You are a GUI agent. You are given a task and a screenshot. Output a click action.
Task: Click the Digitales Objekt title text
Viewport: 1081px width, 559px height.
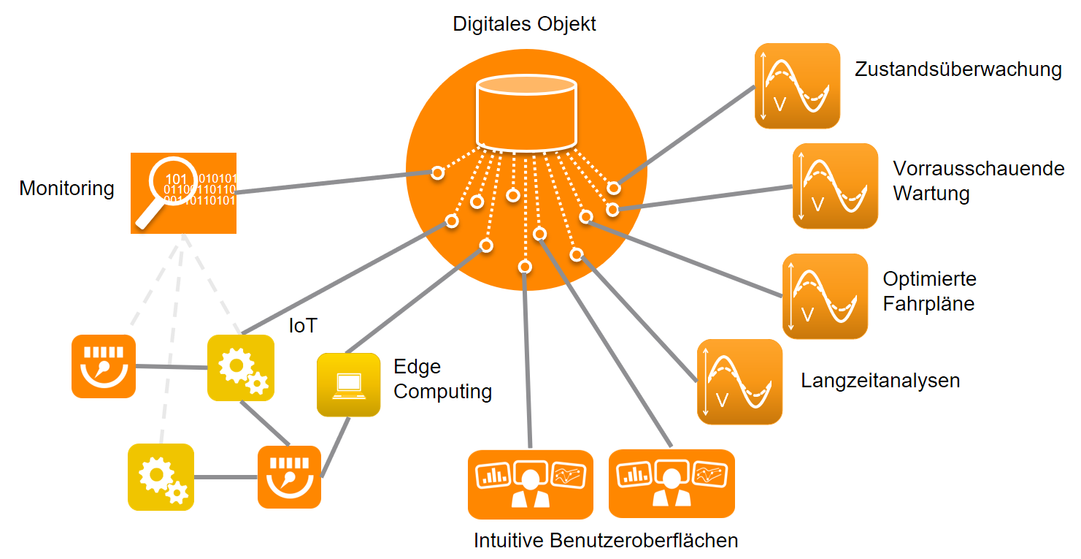click(x=524, y=23)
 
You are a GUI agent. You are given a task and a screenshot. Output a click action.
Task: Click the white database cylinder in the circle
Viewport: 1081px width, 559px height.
click(x=526, y=110)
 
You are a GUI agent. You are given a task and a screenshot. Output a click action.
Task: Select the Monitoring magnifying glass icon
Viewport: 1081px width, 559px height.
click(x=183, y=193)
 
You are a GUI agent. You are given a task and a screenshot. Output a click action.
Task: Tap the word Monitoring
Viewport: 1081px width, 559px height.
click(x=66, y=189)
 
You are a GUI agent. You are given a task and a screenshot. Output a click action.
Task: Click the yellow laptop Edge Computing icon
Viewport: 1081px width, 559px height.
click(x=348, y=384)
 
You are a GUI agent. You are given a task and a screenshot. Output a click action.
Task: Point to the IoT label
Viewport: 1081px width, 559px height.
click(x=303, y=325)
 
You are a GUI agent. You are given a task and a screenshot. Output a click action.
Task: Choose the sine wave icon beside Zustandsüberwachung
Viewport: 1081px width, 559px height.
click(x=797, y=85)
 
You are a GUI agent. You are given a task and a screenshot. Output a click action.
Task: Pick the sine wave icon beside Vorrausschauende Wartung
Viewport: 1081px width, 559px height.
click(x=835, y=186)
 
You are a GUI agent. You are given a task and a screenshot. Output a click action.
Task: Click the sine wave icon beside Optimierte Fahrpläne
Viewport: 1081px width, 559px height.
click(x=825, y=296)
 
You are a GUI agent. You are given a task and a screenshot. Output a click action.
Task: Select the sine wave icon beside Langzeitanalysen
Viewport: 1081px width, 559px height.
click(x=739, y=381)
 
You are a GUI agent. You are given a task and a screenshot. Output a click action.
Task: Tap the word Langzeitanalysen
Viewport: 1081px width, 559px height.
click(x=880, y=381)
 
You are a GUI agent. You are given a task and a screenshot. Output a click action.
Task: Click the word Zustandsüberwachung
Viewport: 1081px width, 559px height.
click(x=958, y=69)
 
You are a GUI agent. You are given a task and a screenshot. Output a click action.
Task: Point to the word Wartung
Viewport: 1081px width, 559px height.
click(x=931, y=194)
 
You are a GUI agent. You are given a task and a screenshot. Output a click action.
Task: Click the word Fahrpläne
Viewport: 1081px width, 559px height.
click(x=928, y=303)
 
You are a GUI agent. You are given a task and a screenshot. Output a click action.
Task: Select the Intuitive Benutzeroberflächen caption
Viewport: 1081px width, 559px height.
click(x=606, y=541)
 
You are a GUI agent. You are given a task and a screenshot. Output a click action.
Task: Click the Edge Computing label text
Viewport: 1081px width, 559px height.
click(x=442, y=379)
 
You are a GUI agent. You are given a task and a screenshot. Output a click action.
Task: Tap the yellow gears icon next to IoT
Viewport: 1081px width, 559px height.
click(x=241, y=368)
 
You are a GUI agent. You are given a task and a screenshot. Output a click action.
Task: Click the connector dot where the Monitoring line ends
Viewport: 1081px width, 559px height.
click(x=437, y=173)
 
